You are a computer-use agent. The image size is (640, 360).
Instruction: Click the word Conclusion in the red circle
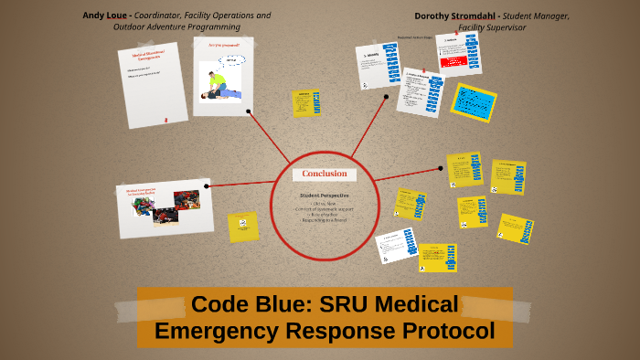click(x=324, y=175)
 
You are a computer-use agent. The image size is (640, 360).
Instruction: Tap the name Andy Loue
click(x=105, y=16)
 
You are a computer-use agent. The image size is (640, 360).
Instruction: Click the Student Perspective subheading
click(x=324, y=196)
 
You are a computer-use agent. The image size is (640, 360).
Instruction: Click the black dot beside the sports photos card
click(x=208, y=185)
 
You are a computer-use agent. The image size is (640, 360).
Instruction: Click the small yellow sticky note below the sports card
click(x=243, y=227)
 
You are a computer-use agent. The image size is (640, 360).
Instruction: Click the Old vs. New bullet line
click(x=324, y=204)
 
